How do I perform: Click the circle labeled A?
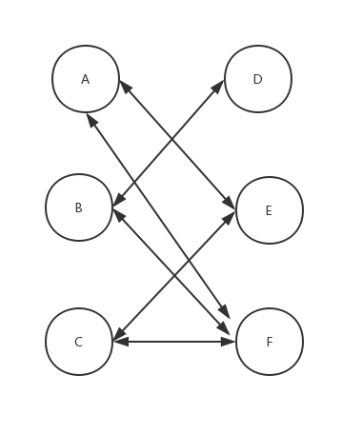point(86,79)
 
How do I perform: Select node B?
point(79,207)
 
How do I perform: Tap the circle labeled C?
point(79,342)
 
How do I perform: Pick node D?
point(258,79)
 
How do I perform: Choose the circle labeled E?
point(270,210)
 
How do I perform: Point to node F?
point(270,342)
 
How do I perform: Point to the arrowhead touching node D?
point(219,85)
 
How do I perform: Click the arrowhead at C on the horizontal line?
point(118,341)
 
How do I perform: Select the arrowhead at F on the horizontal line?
point(230,341)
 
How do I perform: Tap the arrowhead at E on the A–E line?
point(231,203)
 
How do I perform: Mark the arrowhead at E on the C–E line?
point(231,217)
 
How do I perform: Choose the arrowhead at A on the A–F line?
point(90,119)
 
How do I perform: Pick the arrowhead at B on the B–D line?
point(117,201)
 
